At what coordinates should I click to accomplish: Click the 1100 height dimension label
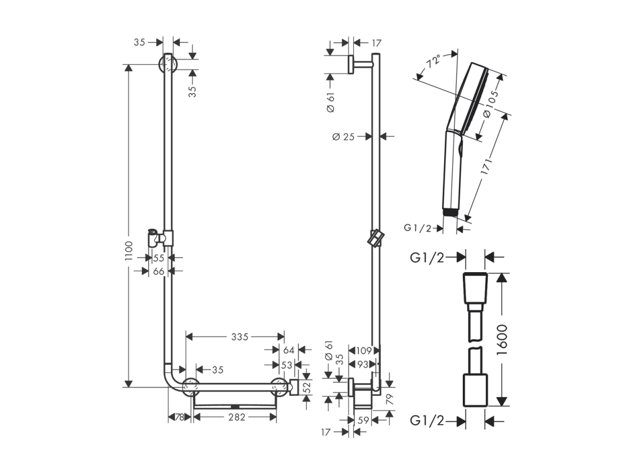tap(129, 251)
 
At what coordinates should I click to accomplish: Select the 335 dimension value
tap(240, 336)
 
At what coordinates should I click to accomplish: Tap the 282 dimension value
tap(237, 417)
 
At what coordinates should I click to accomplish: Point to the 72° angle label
tap(433, 61)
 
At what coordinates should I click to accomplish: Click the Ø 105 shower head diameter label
tap(491, 104)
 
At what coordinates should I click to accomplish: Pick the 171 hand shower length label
tap(486, 166)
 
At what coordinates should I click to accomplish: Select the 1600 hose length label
tap(502, 340)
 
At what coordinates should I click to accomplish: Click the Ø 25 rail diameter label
tap(343, 137)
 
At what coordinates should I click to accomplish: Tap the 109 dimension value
tap(364, 351)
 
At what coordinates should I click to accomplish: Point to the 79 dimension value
tap(390, 399)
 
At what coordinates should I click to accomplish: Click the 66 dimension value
tap(158, 271)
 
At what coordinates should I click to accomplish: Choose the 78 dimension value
tap(179, 417)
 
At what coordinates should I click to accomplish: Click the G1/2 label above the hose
tap(427, 257)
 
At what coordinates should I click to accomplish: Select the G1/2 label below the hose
tap(427, 421)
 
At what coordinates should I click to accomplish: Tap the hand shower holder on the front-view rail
tap(160, 238)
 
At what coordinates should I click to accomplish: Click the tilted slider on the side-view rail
tap(375, 238)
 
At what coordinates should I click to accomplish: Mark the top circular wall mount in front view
tap(168, 64)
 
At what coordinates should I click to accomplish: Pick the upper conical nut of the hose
tap(476, 288)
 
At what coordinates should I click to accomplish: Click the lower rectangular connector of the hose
tap(476, 390)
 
